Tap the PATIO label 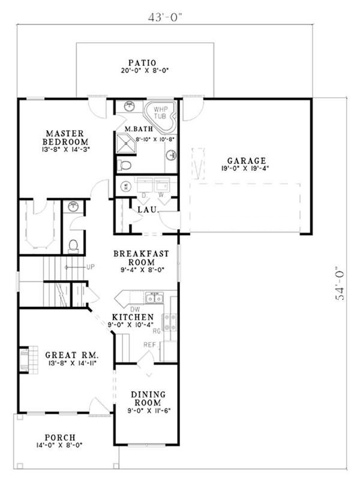[x=142, y=62]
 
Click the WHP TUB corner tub [x=160, y=114]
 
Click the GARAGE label [x=246, y=161]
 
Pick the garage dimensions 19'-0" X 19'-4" [x=246, y=169]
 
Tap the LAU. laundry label [x=147, y=210]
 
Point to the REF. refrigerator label [x=150, y=344]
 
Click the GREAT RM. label [x=71, y=355]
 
